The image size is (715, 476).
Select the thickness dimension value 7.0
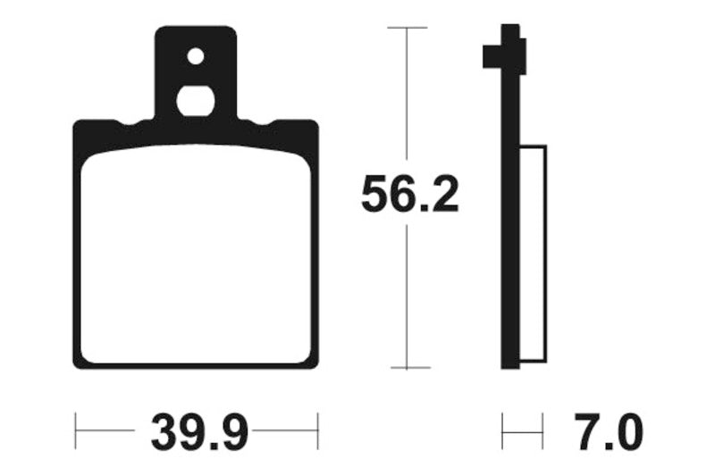(x=608, y=435)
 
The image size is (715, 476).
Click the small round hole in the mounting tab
(x=196, y=56)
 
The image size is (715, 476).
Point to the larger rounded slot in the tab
(x=196, y=100)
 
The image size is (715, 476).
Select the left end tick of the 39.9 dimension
(x=75, y=430)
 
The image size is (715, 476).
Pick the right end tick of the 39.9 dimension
(x=317, y=430)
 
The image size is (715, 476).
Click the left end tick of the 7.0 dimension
(x=502, y=430)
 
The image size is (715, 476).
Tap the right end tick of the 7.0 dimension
(x=543, y=430)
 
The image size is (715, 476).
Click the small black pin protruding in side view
(x=491, y=56)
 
